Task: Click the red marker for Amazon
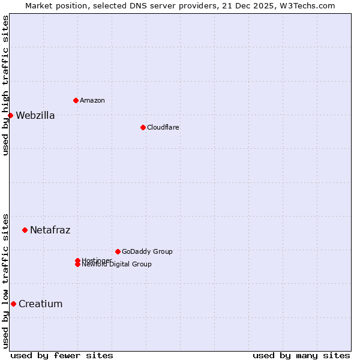point(76,100)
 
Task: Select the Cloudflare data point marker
point(143,127)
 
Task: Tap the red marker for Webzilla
point(10,115)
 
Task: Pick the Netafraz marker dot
point(25,230)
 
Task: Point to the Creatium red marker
point(13,304)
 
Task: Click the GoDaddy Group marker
point(118,251)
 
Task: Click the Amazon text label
point(92,100)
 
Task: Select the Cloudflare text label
point(163,127)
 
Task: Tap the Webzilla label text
point(35,116)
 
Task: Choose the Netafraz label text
point(50,230)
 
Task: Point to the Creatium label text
point(40,304)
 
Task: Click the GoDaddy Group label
point(147,251)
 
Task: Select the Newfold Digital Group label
point(116,265)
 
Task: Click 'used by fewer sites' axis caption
point(62,355)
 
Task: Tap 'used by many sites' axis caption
point(301,355)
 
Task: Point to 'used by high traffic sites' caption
point(5,85)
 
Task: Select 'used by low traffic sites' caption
point(5,280)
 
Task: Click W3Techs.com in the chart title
point(305,5)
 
